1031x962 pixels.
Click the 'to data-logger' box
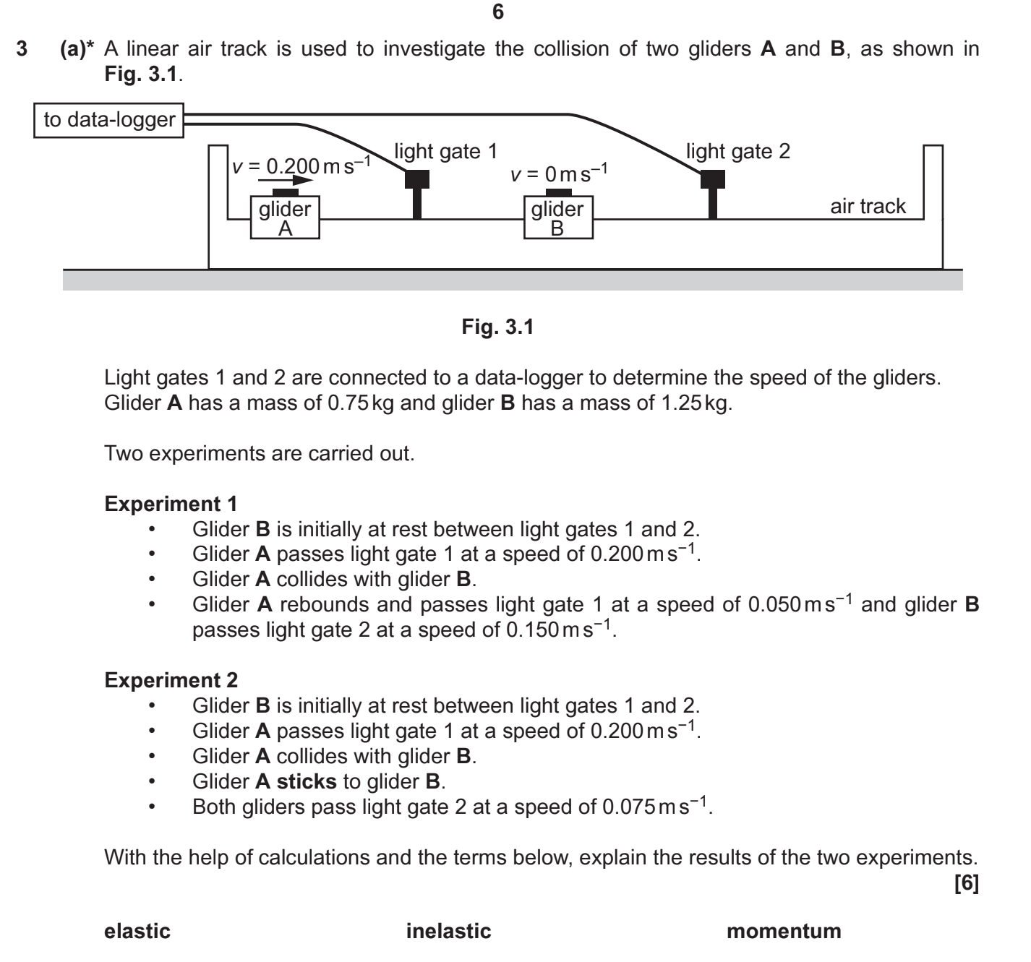point(109,120)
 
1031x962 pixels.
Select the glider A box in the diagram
point(285,218)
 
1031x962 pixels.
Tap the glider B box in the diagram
point(557,218)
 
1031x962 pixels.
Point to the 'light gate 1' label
point(445,152)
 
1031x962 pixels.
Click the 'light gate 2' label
point(737,152)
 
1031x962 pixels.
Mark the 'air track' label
point(867,207)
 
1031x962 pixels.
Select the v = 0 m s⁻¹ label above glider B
point(558,173)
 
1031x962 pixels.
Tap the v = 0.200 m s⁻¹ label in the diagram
point(300,166)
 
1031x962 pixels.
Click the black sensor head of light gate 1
point(416,179)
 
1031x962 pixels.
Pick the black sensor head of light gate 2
point(712,179)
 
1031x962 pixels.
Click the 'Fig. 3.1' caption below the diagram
point(497,327)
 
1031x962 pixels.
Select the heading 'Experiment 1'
point(171,504)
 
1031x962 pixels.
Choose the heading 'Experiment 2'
point(171,680)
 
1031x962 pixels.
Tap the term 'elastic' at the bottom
point(137,931)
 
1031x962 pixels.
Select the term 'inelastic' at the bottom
point(448,931)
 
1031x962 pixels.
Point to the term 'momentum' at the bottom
point(784,931)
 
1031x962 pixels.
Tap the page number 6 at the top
point(497,12)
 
